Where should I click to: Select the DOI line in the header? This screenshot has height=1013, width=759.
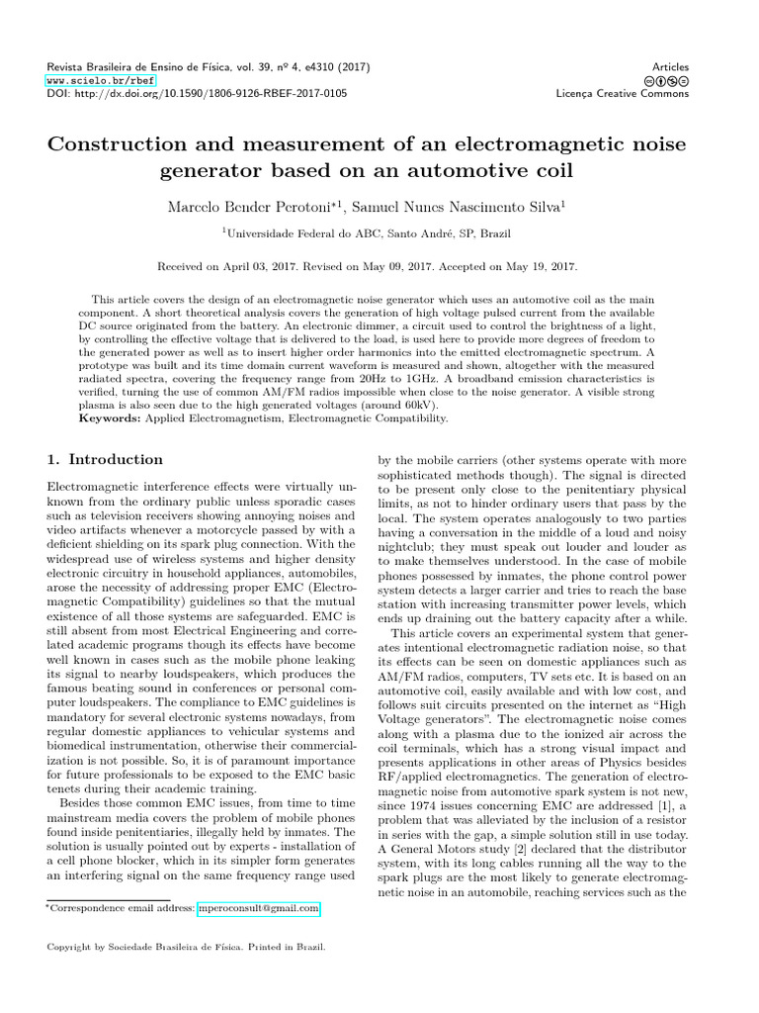tap(197, 93)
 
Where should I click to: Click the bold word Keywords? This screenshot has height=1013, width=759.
tap(111, 418)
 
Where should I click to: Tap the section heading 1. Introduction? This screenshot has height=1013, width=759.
tap(106, 459)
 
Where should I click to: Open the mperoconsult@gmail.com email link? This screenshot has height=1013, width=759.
tap(258, 907)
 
